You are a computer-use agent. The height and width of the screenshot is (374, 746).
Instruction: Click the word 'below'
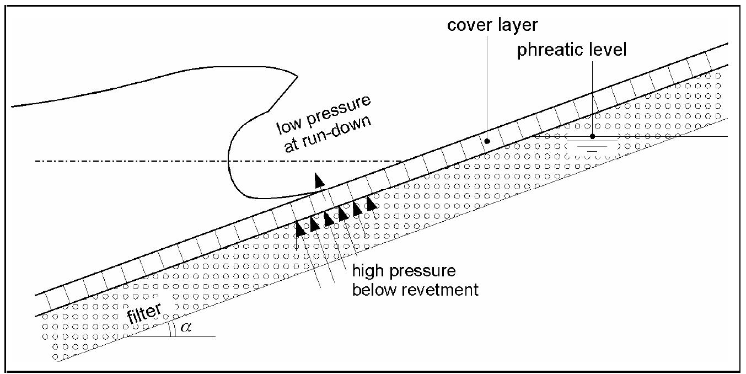(372, 289)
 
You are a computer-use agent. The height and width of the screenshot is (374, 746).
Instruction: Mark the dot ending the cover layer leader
(487, 141)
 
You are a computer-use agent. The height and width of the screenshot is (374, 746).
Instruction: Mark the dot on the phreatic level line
(592, 136)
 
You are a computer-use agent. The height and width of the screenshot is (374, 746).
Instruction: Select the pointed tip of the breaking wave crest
(298, 75)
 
